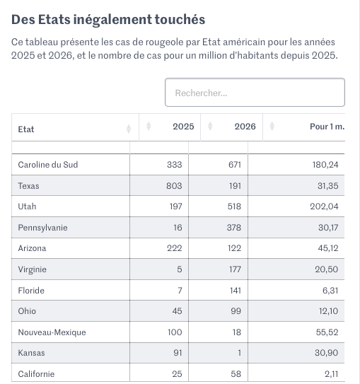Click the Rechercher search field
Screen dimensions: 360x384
(255, 93)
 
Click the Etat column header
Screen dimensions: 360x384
(26, 129)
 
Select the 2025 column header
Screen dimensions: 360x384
(183, 127)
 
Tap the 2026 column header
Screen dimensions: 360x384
(245, 127)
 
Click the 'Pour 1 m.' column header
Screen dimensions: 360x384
(327, 127)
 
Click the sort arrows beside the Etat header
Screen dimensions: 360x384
(129, 129)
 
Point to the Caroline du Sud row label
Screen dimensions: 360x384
(48, 165)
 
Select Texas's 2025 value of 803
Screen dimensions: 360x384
(174, 185)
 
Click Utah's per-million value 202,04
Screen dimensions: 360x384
(324, 206)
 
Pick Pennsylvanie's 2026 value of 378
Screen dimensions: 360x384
(234, 228)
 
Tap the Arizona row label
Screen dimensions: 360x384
(32, 248)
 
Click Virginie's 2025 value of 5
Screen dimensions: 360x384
(180, 269)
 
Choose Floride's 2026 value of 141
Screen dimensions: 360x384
(235, 291)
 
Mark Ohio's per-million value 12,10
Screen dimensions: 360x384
(328, 311)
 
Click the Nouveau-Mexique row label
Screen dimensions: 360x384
(52, 332)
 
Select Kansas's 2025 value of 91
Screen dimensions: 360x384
(178, 353)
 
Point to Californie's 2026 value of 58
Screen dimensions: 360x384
(236, 374)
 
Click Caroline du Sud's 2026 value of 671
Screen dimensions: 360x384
(235, 165)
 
